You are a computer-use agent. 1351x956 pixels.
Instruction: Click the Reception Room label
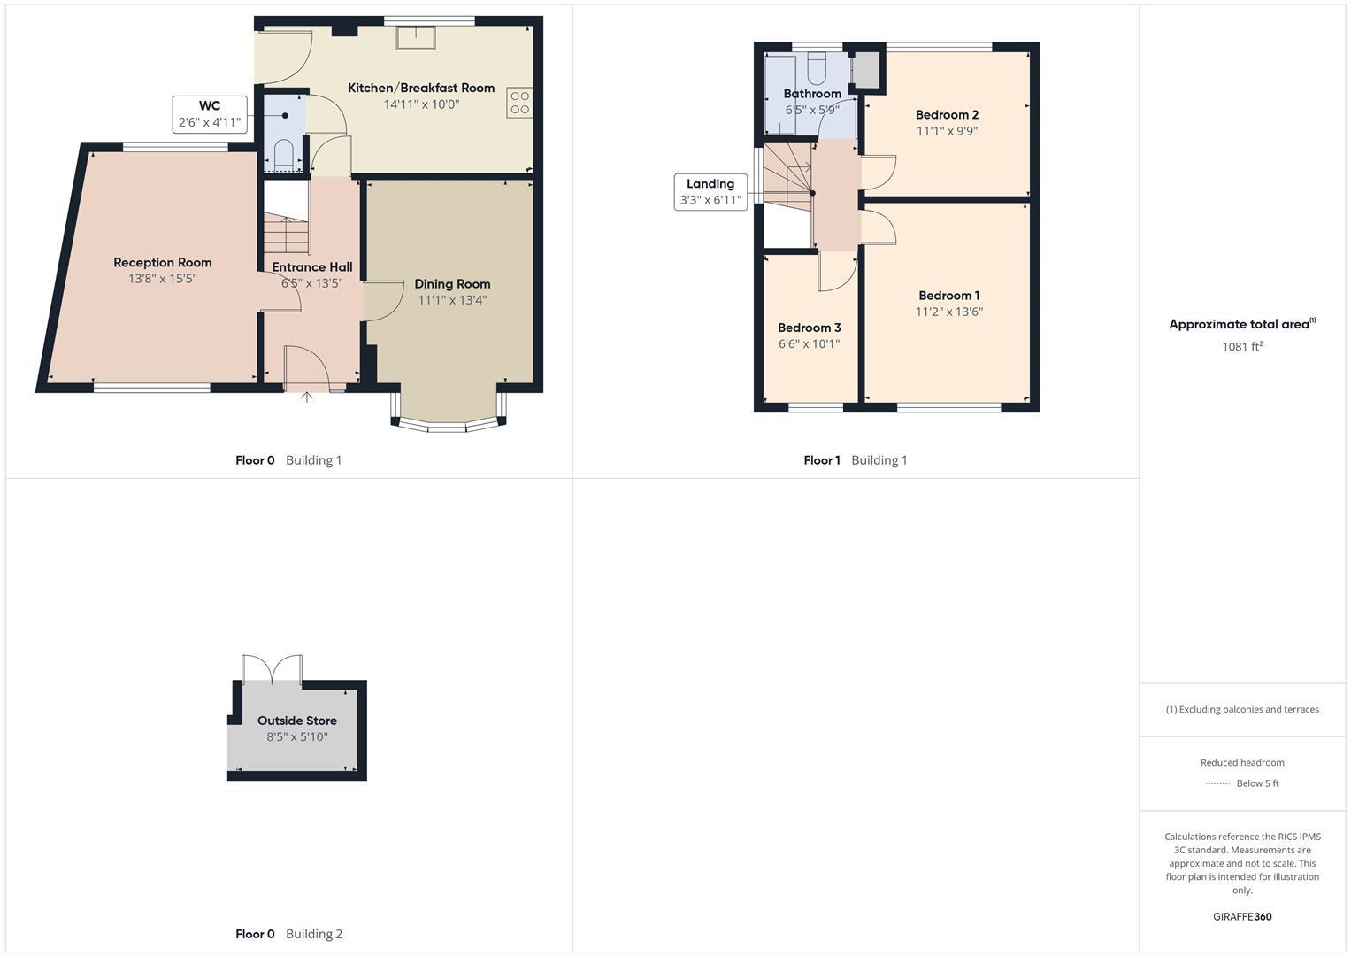pyautogui.click(x=162, y=263)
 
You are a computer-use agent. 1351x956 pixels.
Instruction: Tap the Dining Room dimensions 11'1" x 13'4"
pyautogui.click(x=452, y=300)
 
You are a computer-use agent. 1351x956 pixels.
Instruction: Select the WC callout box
pyautogui.click(x=209, y=114)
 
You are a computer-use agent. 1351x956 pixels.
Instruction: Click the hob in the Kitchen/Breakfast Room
pyautogui.click(x=519, y=102)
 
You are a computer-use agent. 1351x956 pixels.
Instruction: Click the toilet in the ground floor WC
pyautogui.click(x=284, y=155)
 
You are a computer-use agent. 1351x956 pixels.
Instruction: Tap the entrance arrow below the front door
pyautogui.click(x=307, y=397)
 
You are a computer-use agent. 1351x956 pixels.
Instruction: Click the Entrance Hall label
pyautogui.click(x=311, y=267)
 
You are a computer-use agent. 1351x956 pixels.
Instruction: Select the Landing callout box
pyautogui.click(x=710, y=192)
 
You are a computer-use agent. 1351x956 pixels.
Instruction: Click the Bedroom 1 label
pyautogui.click(x=948, y=296)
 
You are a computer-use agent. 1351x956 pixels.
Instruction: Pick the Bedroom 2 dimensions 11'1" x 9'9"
pyautogui.click(x=947, y=131)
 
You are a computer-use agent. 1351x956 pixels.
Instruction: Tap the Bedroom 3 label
pyautogui.click(x=809, y=328)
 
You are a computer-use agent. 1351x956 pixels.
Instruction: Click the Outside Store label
pyautogui.click(x=296, y=721)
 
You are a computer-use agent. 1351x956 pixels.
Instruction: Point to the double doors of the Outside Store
pyautogui.click(x=272, y=669)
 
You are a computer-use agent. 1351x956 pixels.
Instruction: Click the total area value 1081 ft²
pyautogui.click(x=1241, y=347)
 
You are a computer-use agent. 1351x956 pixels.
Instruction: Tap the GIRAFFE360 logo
pyautogui.click(x=1241, y=917)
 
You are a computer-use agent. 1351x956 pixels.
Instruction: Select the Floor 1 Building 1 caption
pyautogui.click(x=855, y=460)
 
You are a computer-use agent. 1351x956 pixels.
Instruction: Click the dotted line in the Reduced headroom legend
pyautogui.click(x=1217, y=783)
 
